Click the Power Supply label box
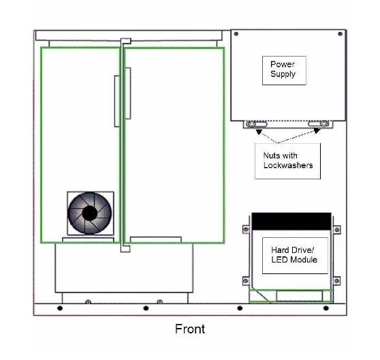coord(284,70)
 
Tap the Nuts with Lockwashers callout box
coord(287,161)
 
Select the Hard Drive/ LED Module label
coord(295,256)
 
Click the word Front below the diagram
coord(190,329)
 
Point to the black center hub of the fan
coord(90,213)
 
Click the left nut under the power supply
coord(251,125)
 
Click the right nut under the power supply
coord(324,123)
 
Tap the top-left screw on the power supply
coord(236,34)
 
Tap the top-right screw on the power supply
coord(340,34)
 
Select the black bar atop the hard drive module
coord(291,222)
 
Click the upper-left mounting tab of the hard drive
coord(247,229)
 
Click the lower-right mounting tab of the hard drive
coord(336,281)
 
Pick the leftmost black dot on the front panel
coord(60,308)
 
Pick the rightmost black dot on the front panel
coord(326,308)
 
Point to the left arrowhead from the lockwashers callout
coord(259,132)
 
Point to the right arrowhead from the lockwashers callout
coord(317,131)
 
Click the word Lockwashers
coord(288,165)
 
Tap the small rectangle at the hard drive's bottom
coord(299,296)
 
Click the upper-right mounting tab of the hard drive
coord(336,230)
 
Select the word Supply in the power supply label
coord(283,74)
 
